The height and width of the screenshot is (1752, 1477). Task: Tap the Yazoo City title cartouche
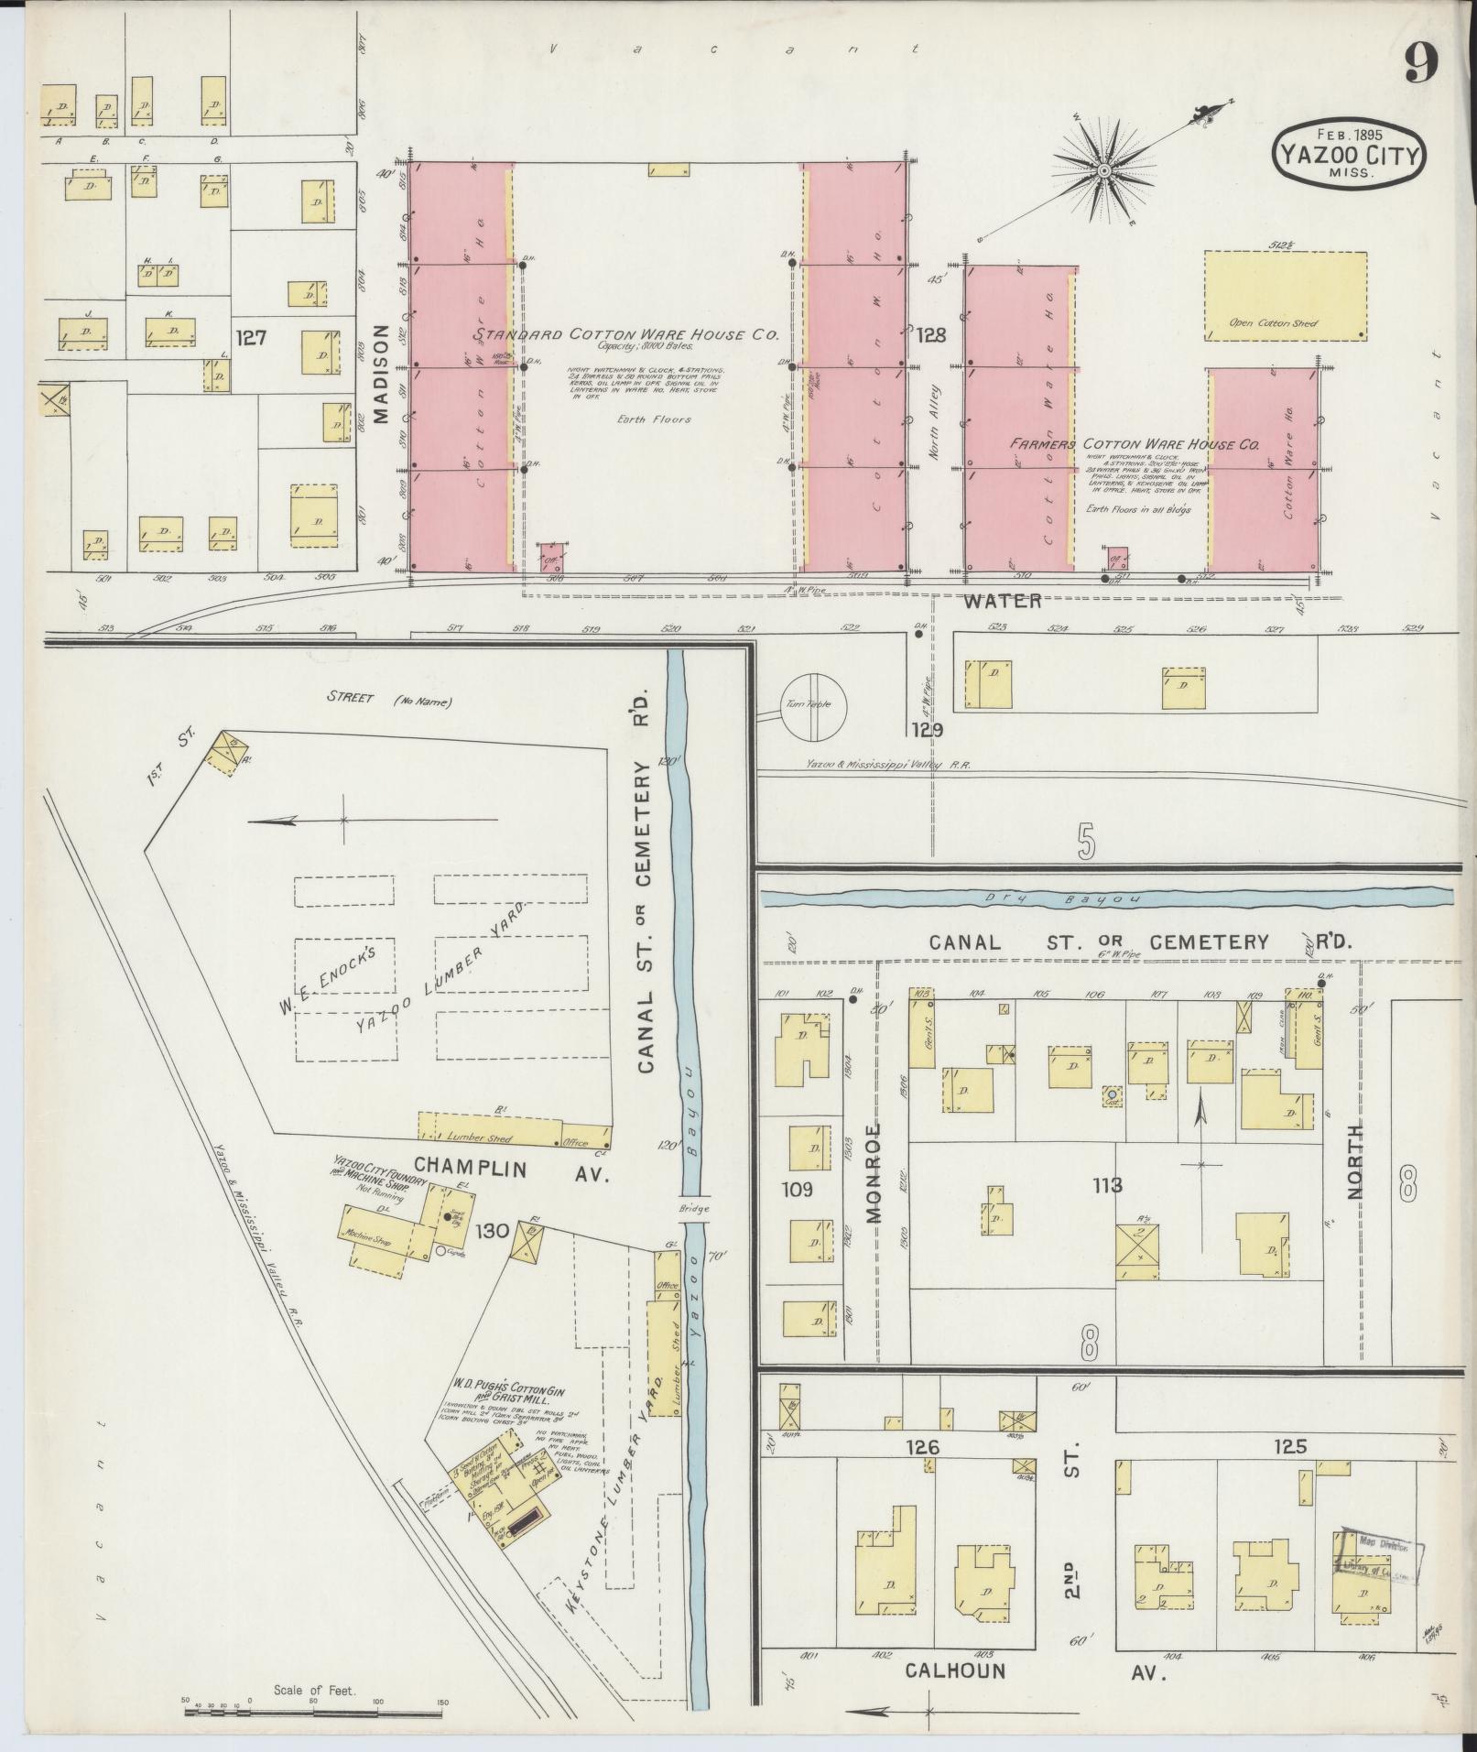(x=1345, y=153)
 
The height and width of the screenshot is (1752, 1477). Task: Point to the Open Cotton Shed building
(x=1285, y=297)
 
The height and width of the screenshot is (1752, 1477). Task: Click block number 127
(x=250, y=338)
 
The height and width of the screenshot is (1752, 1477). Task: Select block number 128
(x=930, y=336)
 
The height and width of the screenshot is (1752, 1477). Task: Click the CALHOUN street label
(x=955, y=1670)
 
